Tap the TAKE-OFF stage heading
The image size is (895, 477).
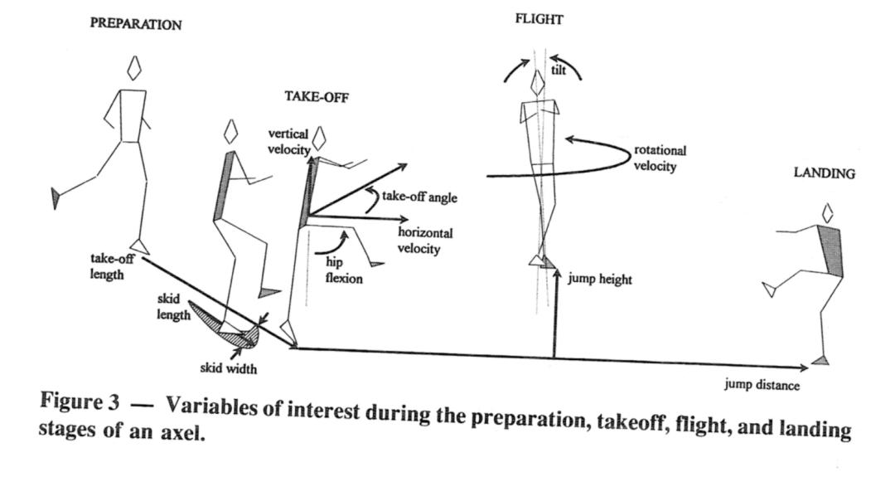pyautogui.click(x=317, y=95)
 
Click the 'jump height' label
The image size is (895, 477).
pyautogui.click(x=599, y=280)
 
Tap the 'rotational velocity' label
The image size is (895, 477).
pyautogui.click(x=660, y=158)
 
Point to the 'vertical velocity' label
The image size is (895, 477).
pyautogui.click(x=288, y=142)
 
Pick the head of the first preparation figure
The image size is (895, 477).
pyautogui.click(x=133, y=68)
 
